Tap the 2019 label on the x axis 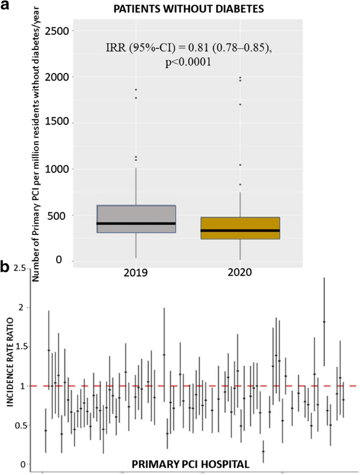(136, 273)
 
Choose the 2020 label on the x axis (240, 273)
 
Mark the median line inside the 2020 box (240, 230)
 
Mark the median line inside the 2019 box (136, 224)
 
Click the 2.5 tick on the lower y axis (20, 269)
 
